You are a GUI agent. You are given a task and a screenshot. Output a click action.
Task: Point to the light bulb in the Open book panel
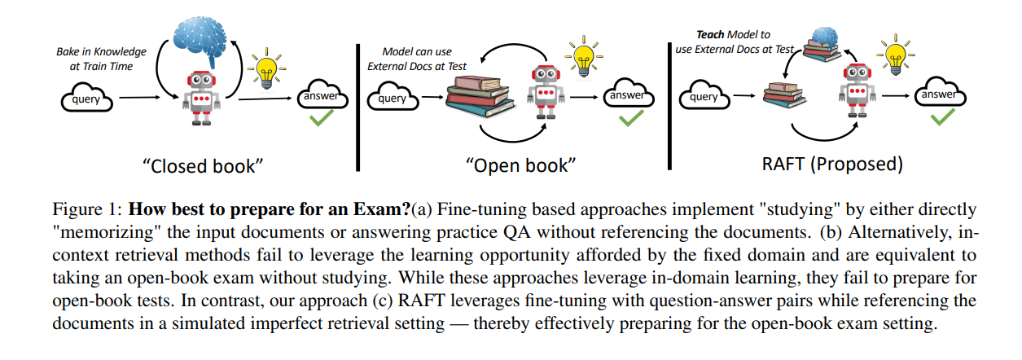[581, 56]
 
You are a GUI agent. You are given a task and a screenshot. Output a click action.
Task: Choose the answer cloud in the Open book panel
[626, 96]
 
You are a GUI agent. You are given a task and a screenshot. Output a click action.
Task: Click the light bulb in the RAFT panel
[895, 56]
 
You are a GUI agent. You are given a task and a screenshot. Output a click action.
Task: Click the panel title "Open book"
[521, 165]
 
